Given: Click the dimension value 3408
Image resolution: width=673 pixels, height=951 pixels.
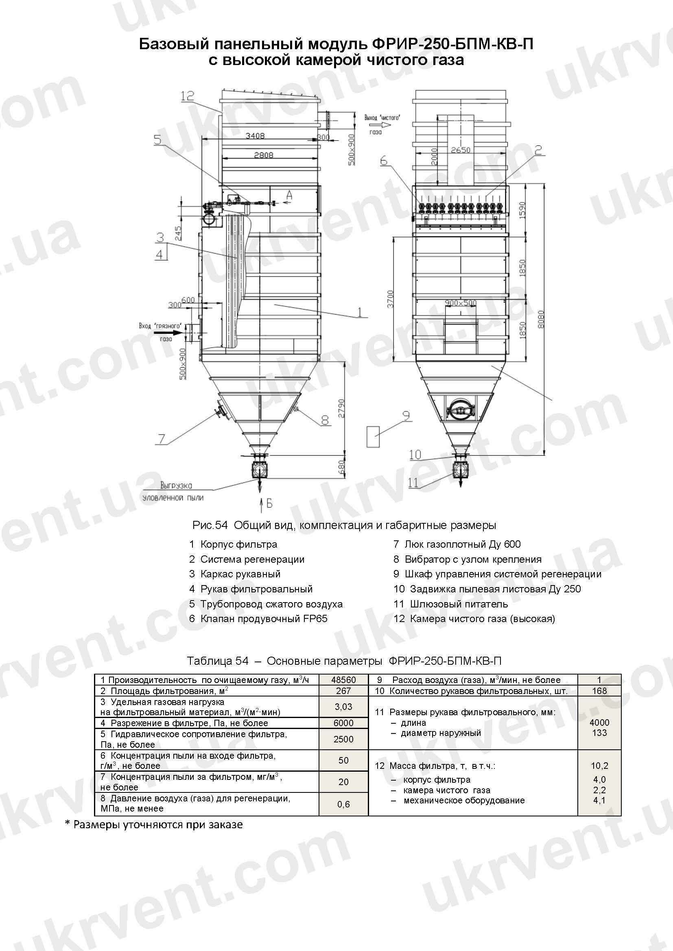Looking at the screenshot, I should (x=255, y=135).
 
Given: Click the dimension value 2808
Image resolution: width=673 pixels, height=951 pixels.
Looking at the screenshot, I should (x=264, y=155).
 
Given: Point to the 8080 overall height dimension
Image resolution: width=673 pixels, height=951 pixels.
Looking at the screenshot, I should (x=540, y=319).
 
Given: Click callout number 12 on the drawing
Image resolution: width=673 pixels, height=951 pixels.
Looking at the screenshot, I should (x=187, y=96).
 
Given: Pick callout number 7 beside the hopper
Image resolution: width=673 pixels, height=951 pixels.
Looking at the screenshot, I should (x=161, y=439).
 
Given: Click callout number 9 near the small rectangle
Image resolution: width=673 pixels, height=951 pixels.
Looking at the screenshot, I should (x=406, y=416).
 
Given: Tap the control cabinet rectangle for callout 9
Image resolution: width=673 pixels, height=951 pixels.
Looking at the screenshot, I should (x=373, y=436).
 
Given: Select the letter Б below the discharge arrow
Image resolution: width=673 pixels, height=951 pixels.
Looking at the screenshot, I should (x=269, y=503).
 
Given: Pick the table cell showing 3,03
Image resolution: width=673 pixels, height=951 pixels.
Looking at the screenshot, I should (x=343, y=707).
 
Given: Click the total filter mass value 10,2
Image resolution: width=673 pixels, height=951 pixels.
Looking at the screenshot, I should (x=599, y=766).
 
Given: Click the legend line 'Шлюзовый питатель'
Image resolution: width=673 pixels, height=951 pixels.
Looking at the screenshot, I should (x=458, y=604).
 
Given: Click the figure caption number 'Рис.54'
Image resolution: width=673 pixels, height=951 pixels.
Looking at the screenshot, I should (x=210, y=525).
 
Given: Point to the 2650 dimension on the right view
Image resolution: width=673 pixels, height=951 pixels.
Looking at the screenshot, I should (x=461, y=150).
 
